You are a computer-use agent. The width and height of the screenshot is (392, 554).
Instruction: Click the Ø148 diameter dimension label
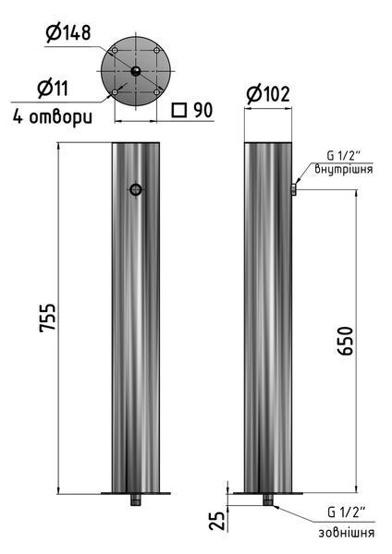click(x=68, y=32)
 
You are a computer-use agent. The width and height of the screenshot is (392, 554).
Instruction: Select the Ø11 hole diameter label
click(x=53, y=89)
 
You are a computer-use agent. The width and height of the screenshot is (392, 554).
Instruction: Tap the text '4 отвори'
click(x=53, y=116)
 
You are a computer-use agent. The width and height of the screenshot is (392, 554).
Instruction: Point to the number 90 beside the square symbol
click(x=203, y=110)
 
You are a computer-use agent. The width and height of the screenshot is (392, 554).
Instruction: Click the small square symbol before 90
click(x=179, y=110)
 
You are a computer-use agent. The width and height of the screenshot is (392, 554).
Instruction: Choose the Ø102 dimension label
click(x=268, y=94)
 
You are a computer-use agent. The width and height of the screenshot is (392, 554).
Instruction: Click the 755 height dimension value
click(x=47, y=318)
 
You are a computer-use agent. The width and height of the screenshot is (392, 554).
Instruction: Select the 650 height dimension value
click(x=345, y=340)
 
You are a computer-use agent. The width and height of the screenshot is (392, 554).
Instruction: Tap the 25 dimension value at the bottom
click(x=217, y=521)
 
